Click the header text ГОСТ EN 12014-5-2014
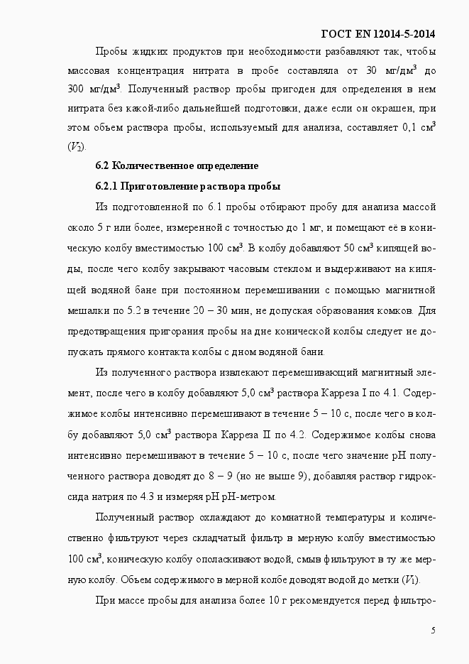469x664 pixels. (378, 33)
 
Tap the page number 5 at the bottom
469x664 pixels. (433, 631)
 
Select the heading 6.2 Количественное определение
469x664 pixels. (177, 166)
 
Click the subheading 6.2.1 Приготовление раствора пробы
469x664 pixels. (188, 187)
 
